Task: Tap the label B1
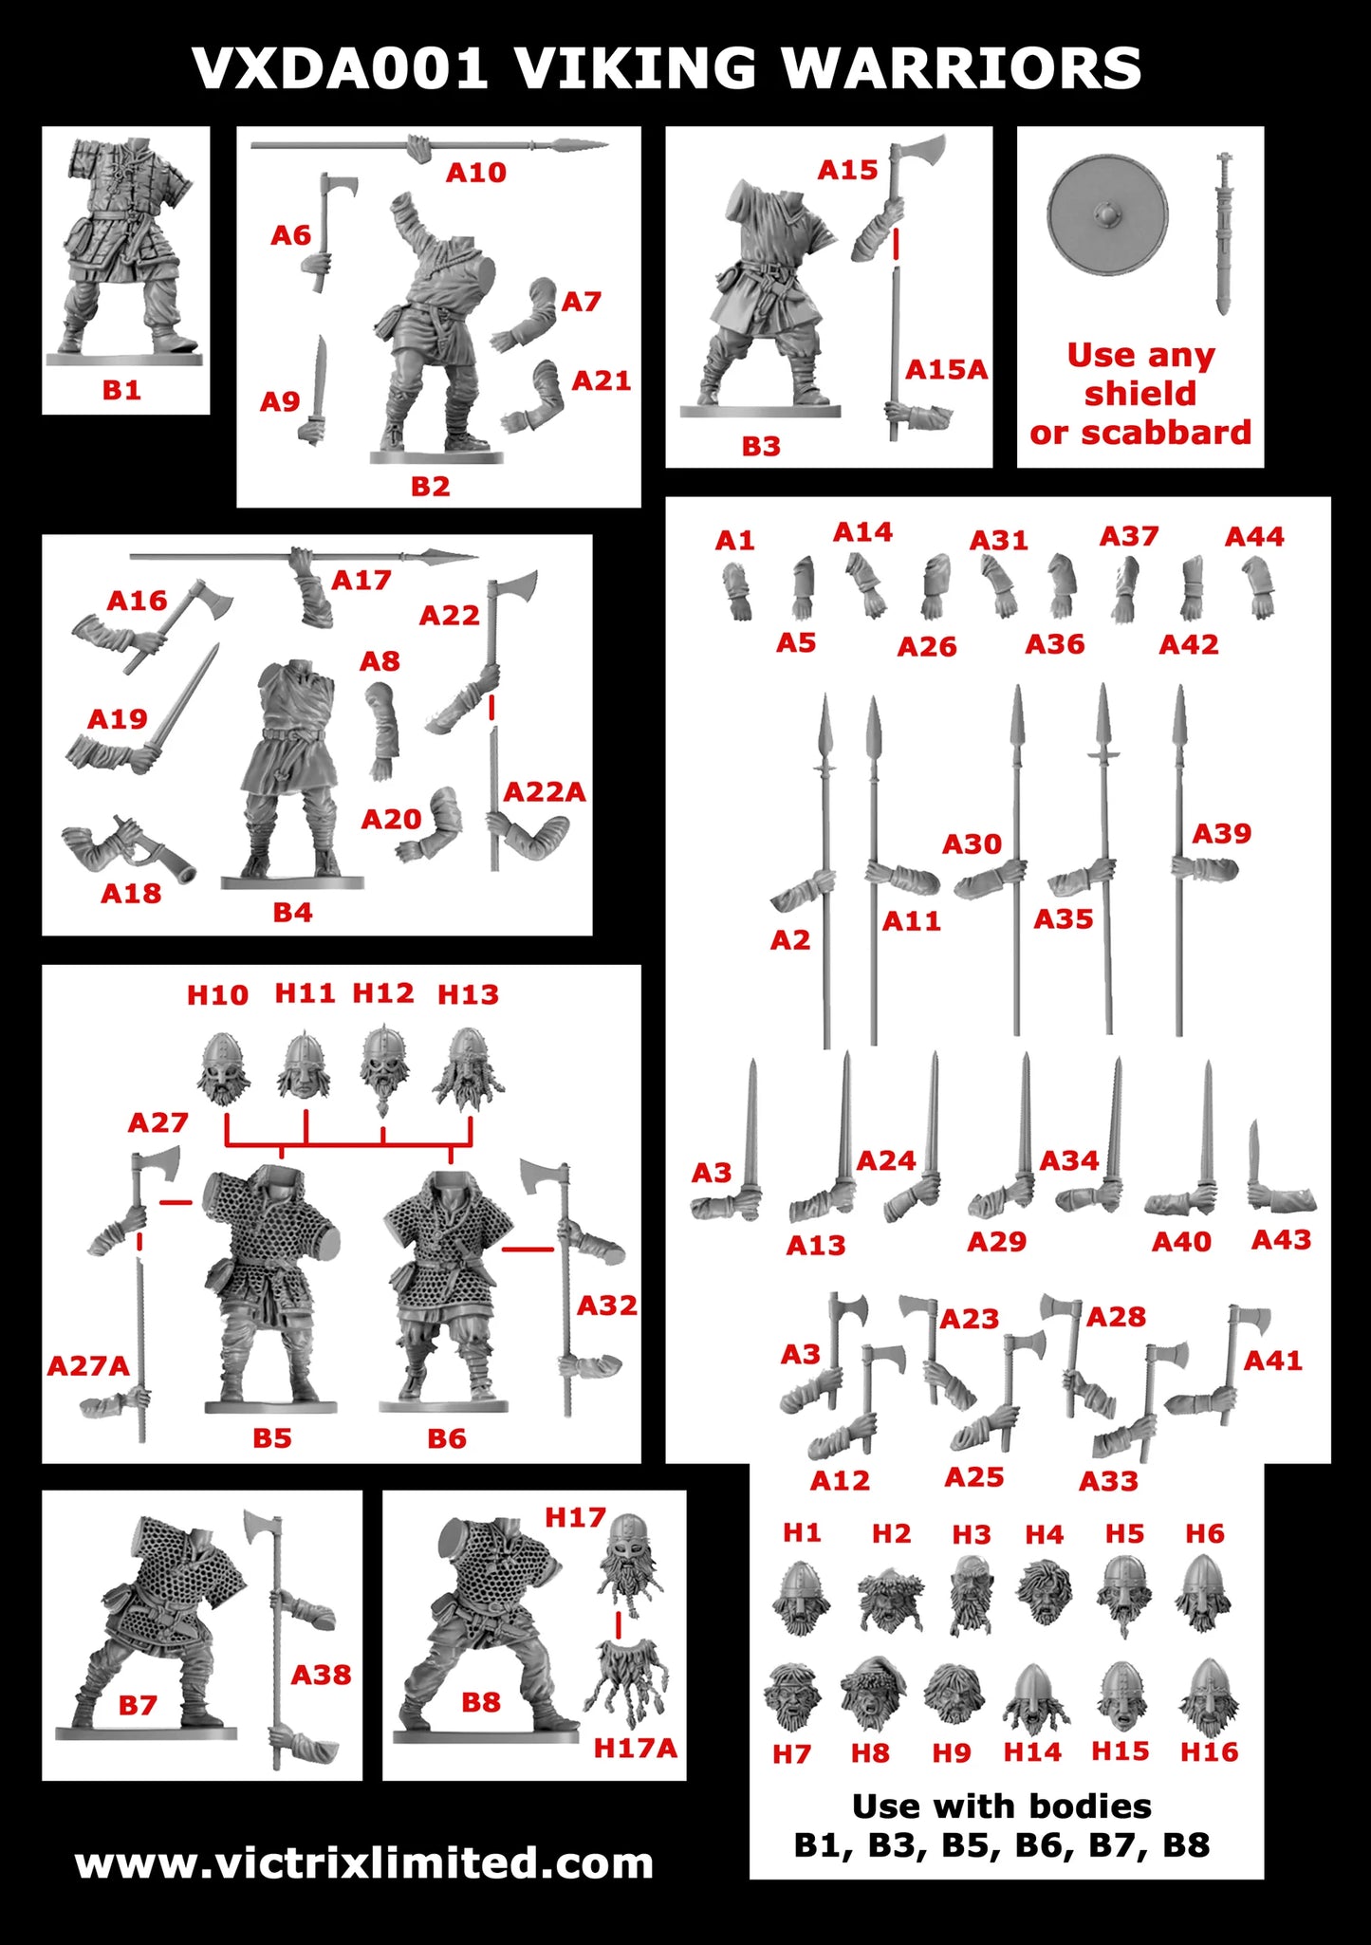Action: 121,389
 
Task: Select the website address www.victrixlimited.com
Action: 364,1862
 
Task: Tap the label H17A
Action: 635,1748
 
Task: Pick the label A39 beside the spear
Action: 1222,833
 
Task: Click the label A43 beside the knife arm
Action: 1281,1239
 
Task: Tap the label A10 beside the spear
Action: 476,173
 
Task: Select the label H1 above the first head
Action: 802,1532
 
